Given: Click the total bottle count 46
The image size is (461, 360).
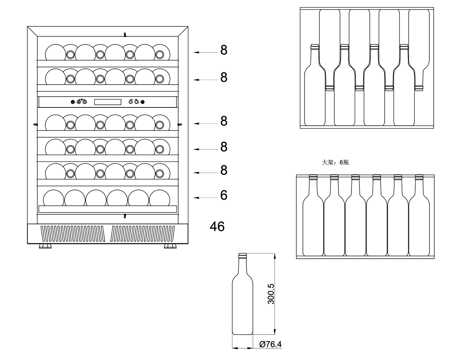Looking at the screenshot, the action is pos(217,226).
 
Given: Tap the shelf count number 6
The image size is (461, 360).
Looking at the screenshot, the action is pos(224,195).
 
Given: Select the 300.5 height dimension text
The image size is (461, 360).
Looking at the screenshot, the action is pos(271,294).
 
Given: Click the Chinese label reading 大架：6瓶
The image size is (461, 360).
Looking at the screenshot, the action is pos(335,163).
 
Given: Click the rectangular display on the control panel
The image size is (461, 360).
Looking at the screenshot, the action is pos(108,102).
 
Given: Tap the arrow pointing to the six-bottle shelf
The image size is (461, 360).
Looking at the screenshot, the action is pos(206,198).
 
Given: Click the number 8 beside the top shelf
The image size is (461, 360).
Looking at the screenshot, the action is pos(224,50).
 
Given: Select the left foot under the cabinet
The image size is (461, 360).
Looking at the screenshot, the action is pos(45,246).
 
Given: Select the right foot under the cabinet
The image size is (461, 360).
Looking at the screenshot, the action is pos(170,246).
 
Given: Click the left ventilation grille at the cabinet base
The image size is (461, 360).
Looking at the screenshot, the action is pos(73,234).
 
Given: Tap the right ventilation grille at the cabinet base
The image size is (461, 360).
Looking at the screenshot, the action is pos(143,234).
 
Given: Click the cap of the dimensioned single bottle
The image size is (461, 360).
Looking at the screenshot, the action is pos(242,255).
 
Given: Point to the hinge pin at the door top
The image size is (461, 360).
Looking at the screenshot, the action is pos(125,35).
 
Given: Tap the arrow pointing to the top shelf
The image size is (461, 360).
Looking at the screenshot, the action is pos(206,52).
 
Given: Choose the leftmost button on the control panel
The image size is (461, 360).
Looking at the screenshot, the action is pos(73,102).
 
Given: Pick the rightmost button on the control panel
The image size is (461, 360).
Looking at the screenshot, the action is pos(143,102).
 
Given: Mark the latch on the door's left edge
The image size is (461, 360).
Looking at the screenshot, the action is pos(36,124).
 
